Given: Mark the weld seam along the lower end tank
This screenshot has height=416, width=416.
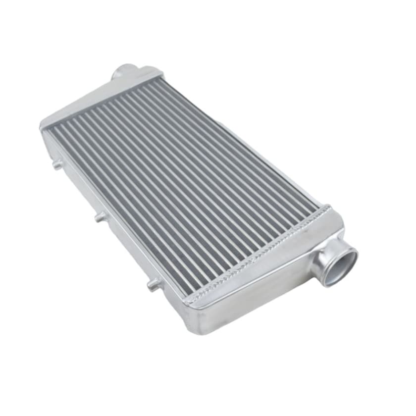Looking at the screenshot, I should pyautogui.click(x=258, y=253).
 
